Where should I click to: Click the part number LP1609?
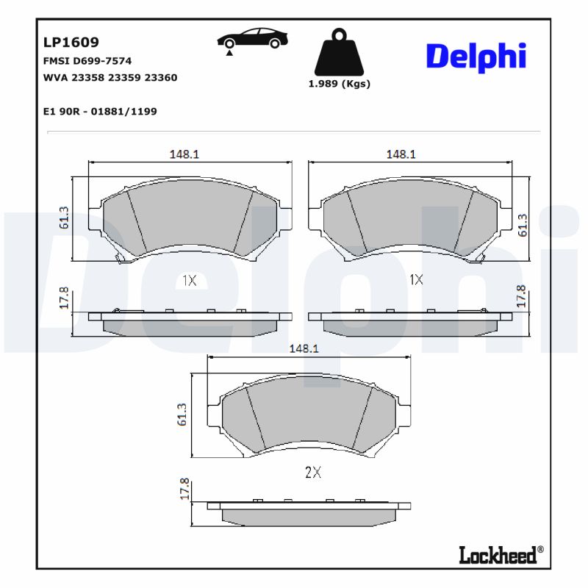click(x=71, y=43)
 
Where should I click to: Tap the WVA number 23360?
click(x=161, y=77)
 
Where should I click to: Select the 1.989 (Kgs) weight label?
click(x=339, y=84)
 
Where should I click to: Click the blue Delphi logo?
click(x=476, y=57)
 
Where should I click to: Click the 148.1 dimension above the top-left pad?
click(x=184, y=154)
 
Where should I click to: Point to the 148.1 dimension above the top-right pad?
click(x=401, y=154)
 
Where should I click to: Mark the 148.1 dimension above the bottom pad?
click(x=304, y=350)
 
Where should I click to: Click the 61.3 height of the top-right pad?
click(x=523, y=225)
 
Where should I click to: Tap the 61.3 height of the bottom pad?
click(x=182, y=415)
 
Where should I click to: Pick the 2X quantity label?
click(x=313, y=473)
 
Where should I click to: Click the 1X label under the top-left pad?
click(x=189, y=280)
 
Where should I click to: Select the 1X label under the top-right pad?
click(x=416, y=280)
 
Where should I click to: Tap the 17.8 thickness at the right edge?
click(x=521, y=295)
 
